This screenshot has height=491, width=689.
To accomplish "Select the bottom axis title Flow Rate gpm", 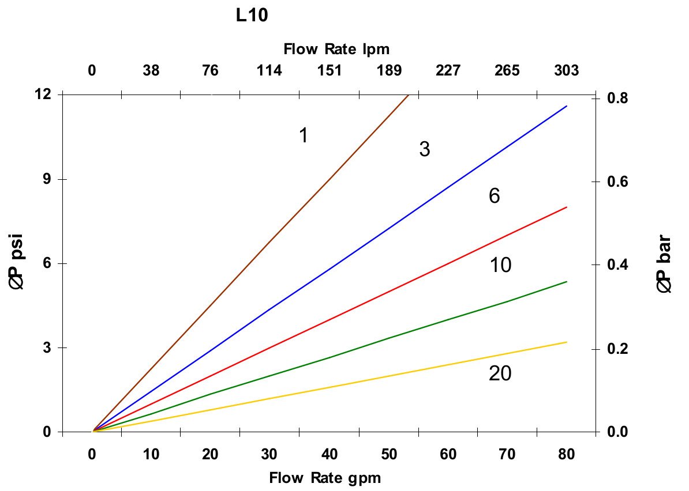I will pyautogui.click(x=325, y=478).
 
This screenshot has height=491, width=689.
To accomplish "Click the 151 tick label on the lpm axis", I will pyautogui.click(x=329, y=70).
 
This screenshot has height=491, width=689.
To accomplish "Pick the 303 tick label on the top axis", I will pyautogui.click(x=566, y=70).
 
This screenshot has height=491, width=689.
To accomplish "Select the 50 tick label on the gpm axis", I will pyautogui.click(x=388, y=454).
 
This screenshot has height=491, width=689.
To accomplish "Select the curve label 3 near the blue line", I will pyautogui.click(x=425, y=150).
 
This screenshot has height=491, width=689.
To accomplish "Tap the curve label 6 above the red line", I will pyautogui.click(x=494, y=197).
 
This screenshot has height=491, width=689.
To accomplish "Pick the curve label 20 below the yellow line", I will pyautogui.click(x=500, y=374).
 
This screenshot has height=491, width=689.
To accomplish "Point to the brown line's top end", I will pyautogui.click(x=409, y=94).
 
